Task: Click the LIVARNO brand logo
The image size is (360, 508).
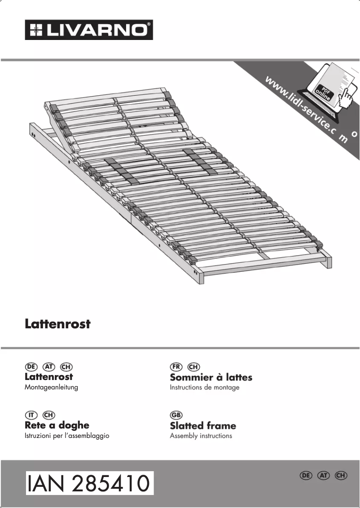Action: click(89, 30)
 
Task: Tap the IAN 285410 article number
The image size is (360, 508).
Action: click(89, 483)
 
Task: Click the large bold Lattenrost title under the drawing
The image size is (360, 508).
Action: click(57, 324)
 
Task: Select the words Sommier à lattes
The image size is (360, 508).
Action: click(211, 377)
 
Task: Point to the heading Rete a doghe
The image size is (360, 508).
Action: click(57, 425)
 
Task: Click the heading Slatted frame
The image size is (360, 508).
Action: click(203, 425)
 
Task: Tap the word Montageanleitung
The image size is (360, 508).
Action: click(51, 387)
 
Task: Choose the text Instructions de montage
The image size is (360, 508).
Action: click(205, 387)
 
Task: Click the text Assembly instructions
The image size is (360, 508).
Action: click(201, 436)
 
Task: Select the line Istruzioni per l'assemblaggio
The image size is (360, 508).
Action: click(67, 436)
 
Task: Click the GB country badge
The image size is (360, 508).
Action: click(176, 415)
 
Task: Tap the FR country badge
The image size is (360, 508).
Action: click(176, 367)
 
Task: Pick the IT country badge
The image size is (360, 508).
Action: click(31, 415)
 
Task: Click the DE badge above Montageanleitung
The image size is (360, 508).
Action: click(31, 367)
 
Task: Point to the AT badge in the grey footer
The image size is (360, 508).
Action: click(324, 475)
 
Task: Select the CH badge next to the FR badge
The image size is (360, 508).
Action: click(194, 367)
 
